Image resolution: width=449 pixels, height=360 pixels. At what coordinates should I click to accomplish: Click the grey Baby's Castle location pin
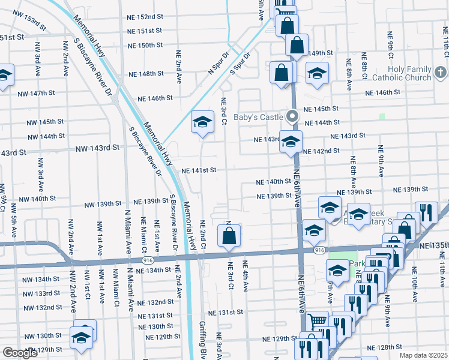292,116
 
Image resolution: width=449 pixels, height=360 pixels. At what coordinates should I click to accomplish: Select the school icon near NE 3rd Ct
203,123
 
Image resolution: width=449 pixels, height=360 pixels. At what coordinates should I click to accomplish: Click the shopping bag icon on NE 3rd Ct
229,236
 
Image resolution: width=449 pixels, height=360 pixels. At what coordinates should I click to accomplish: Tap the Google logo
20,353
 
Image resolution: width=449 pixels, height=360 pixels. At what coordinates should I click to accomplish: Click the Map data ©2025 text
423,355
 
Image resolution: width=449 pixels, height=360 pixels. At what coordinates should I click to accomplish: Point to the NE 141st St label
199,170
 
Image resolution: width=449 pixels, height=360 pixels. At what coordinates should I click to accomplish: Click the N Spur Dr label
218,62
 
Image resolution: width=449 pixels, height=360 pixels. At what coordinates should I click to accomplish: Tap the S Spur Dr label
240,63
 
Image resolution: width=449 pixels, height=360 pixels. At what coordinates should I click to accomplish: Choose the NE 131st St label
226,313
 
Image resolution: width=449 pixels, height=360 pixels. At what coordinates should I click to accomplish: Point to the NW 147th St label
37,94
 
